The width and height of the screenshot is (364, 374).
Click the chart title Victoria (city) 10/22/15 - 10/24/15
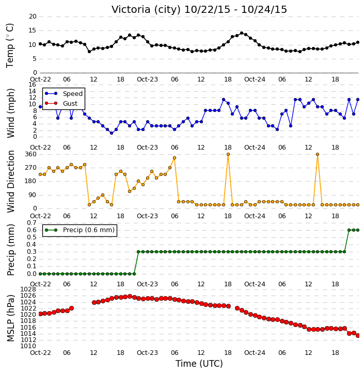point(199,10)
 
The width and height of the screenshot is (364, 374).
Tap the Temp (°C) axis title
point(10,45)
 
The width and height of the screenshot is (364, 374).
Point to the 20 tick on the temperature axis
point(33,17)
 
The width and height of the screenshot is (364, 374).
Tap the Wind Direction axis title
point(11,182)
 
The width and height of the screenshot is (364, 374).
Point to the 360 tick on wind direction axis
point(31,154)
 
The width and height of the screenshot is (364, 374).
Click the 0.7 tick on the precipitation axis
point(31,223)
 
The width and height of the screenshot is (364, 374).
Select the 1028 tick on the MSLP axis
point(28,289)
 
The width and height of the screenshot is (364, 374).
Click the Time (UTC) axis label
point(199,364)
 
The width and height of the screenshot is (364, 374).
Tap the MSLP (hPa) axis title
point(11,318)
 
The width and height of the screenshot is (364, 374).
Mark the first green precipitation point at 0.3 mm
point(138,252)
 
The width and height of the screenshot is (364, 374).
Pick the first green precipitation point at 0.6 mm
point(349,230)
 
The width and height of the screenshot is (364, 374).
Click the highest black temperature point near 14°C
point(242,33)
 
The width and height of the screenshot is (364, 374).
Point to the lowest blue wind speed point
point(112,133)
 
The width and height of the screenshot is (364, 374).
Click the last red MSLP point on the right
point(358,336)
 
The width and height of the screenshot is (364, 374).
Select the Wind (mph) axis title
point(11,113)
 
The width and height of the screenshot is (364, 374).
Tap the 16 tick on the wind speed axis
point(33,85)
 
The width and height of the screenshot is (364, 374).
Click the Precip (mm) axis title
point(11,250)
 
